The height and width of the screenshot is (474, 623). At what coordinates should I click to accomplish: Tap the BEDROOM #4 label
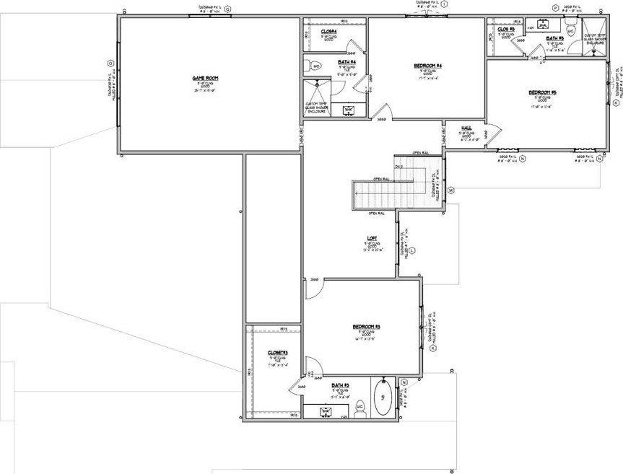click(x=427, y=66)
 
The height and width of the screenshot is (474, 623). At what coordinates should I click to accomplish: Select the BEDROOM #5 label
click(x=542, y=92)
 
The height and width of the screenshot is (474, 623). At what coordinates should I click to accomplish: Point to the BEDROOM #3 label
click(x=366, y=327)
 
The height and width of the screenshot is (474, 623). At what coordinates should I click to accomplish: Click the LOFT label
click(x=373, y=239)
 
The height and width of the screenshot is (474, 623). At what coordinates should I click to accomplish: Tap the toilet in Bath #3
click(x=362, y=408)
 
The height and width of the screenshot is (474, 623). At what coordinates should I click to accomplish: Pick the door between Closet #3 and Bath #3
click(x=298, y=387)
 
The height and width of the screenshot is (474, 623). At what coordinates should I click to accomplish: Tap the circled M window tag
click(x=450, y=190)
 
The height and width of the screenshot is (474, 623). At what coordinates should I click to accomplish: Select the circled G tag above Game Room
click(x=228, y=9)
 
